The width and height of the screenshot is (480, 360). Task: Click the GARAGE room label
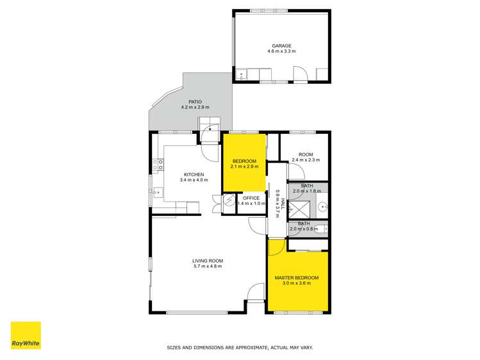[x=281, y=45]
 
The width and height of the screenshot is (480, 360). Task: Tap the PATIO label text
[x=195, y=101]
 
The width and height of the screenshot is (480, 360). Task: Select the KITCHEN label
[x=194, y=174]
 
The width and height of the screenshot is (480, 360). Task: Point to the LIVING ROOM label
[x=207, y=260]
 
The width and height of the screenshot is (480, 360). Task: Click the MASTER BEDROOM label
[x=296, y=277]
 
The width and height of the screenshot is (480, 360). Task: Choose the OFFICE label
[x=251, y=198]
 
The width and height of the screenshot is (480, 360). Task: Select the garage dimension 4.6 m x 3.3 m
[x=281, y=51]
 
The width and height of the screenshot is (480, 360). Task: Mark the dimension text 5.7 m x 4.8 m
[x=207, y=266]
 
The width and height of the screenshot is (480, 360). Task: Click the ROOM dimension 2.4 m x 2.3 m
[x=305, y=160]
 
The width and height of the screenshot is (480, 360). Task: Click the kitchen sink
[x=156, y=191]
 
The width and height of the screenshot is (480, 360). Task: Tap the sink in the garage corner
[x=242, y=75]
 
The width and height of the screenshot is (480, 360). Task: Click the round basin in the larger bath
[x=324, y=207]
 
